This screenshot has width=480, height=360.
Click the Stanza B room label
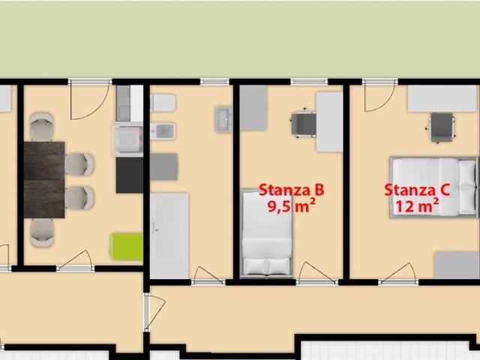tap(292, 190)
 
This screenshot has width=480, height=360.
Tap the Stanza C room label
tap(417, 190)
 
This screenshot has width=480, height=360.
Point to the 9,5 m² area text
tap(292, 205)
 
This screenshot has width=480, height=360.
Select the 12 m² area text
tap(418, 205)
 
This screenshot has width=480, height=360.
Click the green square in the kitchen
tap(127, 247)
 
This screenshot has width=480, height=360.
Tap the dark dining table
tap(44, 180)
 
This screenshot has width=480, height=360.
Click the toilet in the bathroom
tap(163, 103)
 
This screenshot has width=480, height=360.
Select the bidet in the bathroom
tap(163, 131)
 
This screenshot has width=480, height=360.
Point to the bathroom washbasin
tap(224, 119)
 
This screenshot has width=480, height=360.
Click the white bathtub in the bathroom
tap(169, 235)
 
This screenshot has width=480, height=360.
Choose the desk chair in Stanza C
tap(441, 127)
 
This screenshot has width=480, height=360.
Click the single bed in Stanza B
tap(267, 233)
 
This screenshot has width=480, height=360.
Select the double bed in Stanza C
tap(433, 187)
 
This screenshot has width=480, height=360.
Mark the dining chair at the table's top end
tap(42, 127)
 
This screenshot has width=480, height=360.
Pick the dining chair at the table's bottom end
tap(43, 232)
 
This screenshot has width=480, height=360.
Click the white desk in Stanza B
tap(329, 122)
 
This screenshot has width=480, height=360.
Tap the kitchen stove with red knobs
tap(129, 139)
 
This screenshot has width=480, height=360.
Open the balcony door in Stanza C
tap(379, 95)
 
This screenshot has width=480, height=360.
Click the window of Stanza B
tap(309, 82)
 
